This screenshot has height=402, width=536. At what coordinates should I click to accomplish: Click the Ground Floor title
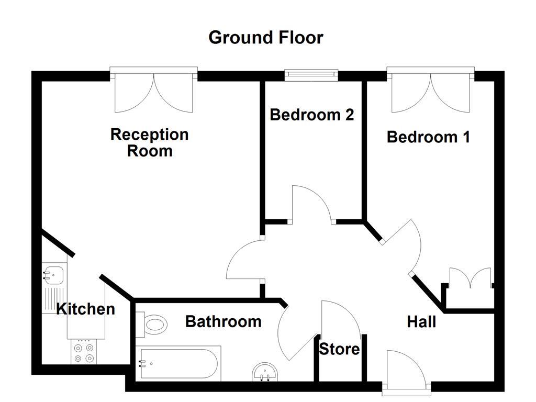pos(265,38)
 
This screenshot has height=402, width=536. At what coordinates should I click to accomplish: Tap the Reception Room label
pos(149,142)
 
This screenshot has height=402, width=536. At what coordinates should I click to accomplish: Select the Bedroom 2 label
pos(311,114)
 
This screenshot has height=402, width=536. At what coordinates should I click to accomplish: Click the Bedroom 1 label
pos(428,137)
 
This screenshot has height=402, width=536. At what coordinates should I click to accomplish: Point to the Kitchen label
pos(85,309)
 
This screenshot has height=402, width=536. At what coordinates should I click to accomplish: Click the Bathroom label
pos(223,321)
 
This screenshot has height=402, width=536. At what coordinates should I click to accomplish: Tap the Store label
pos(339,349)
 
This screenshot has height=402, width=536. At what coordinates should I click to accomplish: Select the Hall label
pos(421,321)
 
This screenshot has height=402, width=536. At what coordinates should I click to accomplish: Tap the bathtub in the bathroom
pos(178,363)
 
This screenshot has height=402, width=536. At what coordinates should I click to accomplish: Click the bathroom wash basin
pos(265,373)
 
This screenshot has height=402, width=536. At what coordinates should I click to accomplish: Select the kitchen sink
pos(54,274)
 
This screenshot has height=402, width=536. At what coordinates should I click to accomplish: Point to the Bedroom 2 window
pos(311,75)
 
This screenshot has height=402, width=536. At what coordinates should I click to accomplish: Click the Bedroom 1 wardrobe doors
pos(470,278)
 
